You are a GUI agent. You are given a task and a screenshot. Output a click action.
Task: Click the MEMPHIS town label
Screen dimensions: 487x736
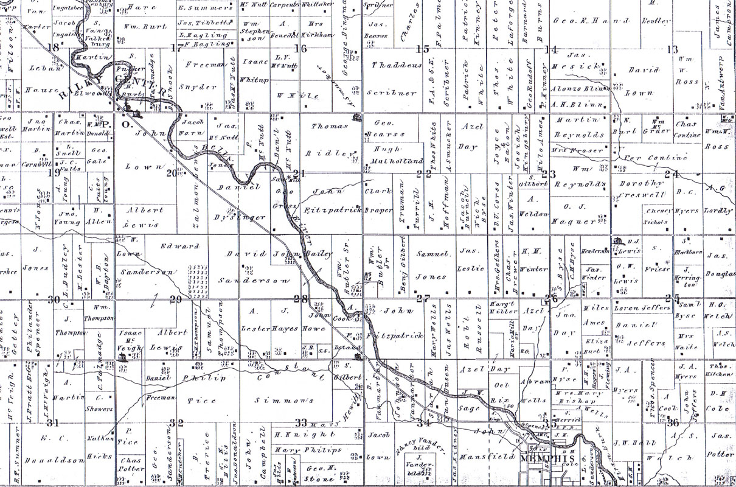[547, 458]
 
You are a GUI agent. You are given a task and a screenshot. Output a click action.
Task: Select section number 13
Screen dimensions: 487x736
[672, 49]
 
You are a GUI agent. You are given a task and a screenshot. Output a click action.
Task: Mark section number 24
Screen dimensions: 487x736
[672, 174]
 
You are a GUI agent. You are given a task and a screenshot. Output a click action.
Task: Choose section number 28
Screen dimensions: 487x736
[300, 298]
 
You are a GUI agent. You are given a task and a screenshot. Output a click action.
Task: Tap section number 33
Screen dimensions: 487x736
[300, 422]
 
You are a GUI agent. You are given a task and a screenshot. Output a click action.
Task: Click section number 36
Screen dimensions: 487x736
[673, 422]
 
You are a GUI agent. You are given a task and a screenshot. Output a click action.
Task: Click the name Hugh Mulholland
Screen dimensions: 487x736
[396, 156]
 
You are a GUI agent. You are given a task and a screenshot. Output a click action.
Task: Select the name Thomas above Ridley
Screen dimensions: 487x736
[329, 126]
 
